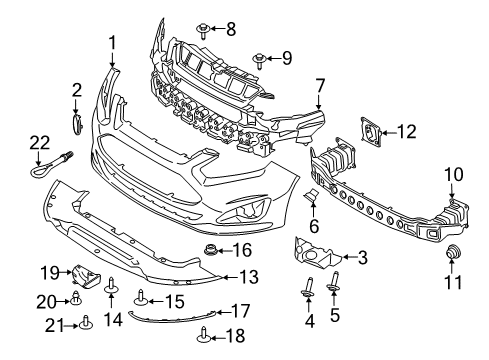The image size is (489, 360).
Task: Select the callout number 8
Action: (230, 28)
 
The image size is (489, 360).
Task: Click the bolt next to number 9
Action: (260, 59)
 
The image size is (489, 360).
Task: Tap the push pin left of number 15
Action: (141, 297)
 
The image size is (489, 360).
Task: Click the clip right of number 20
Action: (76, 297)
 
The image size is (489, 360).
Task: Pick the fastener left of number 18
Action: (206, 334)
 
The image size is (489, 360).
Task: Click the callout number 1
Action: (113, 42)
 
